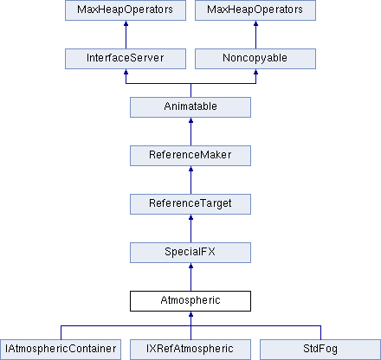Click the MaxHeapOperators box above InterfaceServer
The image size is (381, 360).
click(126, 10)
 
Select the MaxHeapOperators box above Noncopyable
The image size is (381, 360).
click(255, 10)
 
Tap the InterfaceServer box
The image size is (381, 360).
click(126, 59)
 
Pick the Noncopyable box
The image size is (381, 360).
click(255, 59)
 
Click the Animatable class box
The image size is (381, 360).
click(190, 107)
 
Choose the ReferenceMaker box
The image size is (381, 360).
click(190, 156)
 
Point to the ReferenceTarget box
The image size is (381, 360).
click(190, 204)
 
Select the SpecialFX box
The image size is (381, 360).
click(190, 253)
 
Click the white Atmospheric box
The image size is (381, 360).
click(190, 301)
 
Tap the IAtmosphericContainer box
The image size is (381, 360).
click(61, 350)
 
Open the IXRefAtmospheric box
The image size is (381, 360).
click(190, 350)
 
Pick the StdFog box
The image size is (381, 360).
click(320, 350)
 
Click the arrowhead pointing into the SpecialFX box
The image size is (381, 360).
click(190, 266)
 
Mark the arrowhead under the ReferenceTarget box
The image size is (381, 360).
click(190, 217)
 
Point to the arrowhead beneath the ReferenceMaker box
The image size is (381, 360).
click(190, 169)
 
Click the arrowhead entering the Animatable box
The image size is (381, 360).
click(190, 120)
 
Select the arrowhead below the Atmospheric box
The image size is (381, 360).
click(190, 314)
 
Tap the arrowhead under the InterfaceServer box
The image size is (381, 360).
click(126, 72)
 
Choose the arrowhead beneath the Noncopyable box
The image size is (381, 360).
click(255, 72)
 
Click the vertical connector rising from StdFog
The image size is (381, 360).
click(320, 332)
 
